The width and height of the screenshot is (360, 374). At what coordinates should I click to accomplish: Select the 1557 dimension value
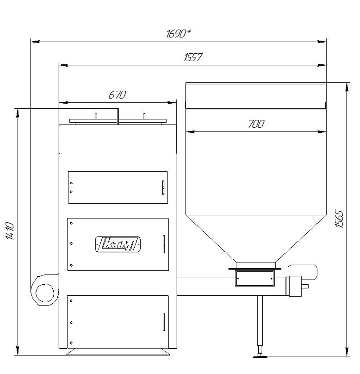point(193,57)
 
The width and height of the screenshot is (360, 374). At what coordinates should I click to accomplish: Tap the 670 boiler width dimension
point(117,95)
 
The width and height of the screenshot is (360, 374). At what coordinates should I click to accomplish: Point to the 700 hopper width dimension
point(256,124)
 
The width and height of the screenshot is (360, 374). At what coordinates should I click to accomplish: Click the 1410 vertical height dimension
point(10,231)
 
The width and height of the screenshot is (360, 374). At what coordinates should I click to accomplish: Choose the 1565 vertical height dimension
point(339,219)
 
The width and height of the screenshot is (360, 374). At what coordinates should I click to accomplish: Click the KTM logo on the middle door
point(118,244)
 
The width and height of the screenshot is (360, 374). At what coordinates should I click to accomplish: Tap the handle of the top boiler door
point(163,187)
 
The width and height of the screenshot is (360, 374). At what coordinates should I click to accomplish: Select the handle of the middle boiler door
point(163,244)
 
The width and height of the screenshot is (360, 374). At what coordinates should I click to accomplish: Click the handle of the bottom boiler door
point(163,321)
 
